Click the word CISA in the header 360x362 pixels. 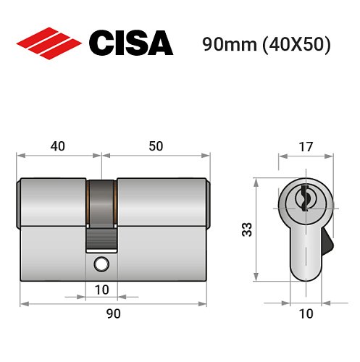click(130, 43)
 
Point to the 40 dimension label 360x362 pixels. click(58, 146)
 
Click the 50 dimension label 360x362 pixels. click(155, 146)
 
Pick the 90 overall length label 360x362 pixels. click(113, 313)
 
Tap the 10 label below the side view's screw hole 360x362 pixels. click(101, 290)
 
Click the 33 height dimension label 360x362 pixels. click(246, 230)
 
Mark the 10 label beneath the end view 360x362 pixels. click(305, 313)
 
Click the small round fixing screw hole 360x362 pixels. click(101, 264)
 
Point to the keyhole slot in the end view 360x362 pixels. click(304, 195)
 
